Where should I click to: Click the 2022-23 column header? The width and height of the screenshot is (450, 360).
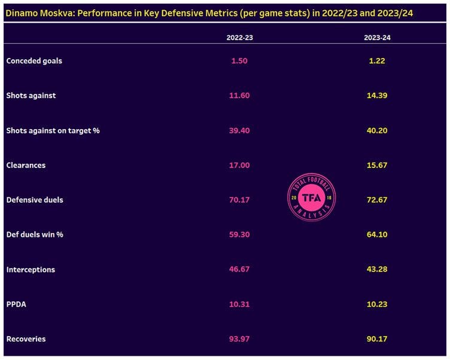(x=239, y=38)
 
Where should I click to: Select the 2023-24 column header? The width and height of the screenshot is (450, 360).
(x=377, y=38)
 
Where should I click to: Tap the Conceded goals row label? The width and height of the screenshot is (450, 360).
(x=34, y=60)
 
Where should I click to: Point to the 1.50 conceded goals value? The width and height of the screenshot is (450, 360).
(x=239, y=60)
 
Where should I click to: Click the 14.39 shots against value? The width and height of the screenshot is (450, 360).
(x=377, y=96)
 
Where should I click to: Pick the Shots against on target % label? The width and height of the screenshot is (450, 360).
(x=53, y=130)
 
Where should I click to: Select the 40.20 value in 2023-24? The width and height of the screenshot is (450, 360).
(x=377, y=130)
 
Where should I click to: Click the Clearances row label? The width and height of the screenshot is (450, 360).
(x=26, y=165)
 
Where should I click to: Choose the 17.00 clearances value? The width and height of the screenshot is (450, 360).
(x=239, y=165)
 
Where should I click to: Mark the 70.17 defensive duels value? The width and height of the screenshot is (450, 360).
(x=239, y=200)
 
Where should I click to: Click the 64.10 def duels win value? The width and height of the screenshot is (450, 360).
(x=377, y=234)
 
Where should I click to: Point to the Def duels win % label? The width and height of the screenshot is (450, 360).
(x=35, y=234)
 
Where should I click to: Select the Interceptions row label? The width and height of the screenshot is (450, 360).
(x=31, y=270)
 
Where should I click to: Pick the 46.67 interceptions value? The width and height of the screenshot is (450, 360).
(x=239, y=270)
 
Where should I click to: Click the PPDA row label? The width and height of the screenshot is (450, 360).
(x=16, y=304)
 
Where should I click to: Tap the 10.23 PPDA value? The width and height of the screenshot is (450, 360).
(x=377, y=304)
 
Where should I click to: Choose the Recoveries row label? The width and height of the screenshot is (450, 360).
(x=26, y=339)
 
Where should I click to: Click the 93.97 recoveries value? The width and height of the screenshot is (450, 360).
(x=239, y=339)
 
